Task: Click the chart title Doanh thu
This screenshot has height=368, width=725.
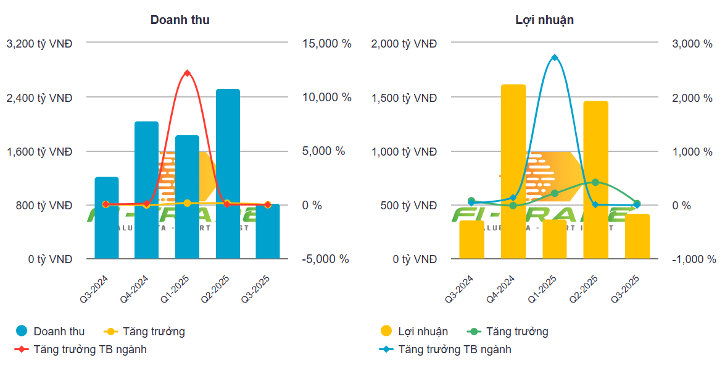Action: [180, 20]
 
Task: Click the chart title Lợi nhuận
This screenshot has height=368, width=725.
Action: [544, 20]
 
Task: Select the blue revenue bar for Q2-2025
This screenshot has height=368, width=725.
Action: [228, 174]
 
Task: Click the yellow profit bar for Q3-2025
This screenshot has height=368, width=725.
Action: [637, 236]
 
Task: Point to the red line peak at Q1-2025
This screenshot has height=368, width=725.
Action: [187, 73]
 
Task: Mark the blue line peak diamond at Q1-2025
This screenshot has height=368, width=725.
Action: [555, 57]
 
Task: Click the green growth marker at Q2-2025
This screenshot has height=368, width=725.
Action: [595, 182]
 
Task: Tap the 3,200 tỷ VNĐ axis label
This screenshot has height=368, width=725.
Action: [39, 44]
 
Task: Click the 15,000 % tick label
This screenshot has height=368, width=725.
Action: [326, 44]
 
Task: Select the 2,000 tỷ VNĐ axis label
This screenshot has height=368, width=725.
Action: [404, 44]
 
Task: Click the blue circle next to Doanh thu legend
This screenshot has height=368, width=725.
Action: [22, 332]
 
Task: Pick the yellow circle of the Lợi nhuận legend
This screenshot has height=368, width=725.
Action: [386, 332]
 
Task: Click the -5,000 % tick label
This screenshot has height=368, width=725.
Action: [326, 259]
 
